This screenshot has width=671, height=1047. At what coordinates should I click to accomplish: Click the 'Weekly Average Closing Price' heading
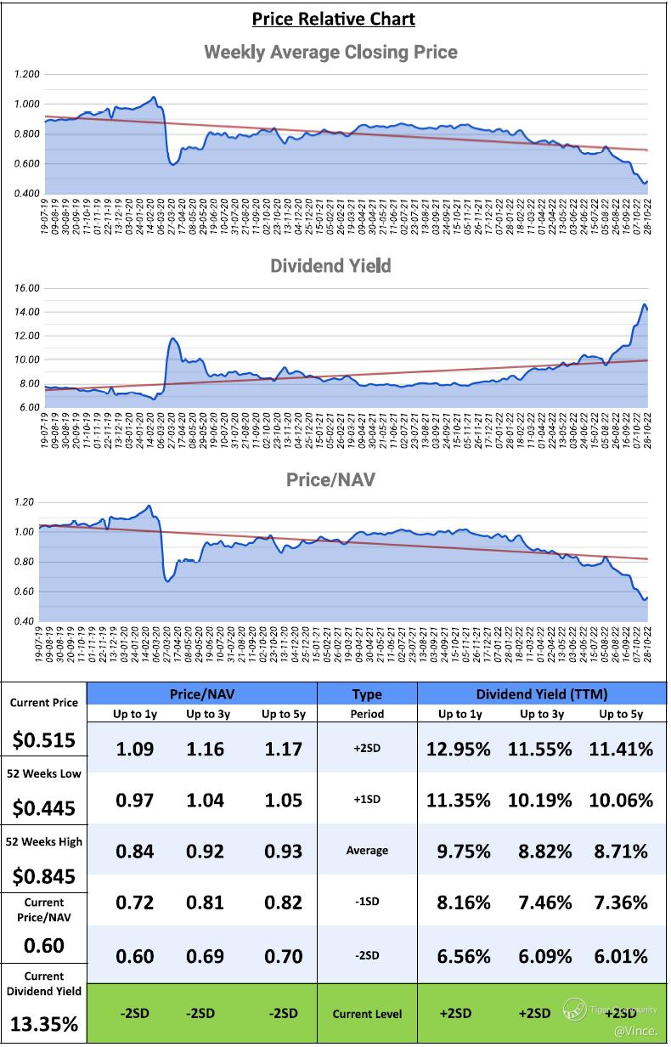330,53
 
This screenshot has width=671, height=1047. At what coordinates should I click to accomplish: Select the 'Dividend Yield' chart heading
330,266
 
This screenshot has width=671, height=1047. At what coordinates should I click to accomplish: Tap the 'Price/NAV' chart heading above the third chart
330,480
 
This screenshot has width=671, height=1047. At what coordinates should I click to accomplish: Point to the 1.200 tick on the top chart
27,75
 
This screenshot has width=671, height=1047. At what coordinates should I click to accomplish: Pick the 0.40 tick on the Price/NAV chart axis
24,621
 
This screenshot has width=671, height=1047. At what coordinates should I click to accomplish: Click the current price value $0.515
44,740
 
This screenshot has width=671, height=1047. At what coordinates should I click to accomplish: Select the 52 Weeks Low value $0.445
44,808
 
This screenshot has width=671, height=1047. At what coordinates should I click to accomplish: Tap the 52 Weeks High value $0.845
44,876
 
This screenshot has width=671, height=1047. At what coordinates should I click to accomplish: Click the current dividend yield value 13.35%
44,1024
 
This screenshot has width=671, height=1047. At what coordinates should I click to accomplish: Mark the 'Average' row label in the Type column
367,851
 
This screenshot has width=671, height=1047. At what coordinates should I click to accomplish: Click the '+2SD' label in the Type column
367,749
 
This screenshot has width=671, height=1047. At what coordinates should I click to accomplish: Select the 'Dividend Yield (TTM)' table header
542,693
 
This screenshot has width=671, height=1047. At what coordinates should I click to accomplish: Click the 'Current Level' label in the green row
367,1014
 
